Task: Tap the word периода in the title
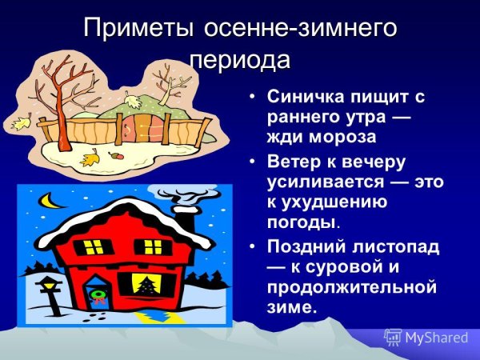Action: coord(240,60)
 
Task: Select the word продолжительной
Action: coord(351,286)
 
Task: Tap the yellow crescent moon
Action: coord(54,200)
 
